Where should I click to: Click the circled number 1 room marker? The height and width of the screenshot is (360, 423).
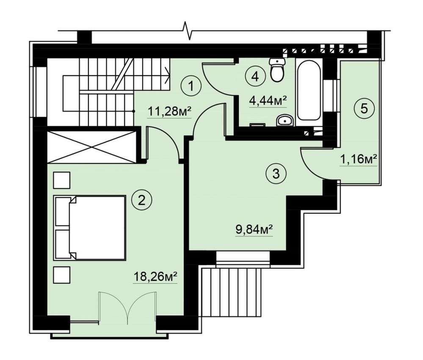[x=191, y=86]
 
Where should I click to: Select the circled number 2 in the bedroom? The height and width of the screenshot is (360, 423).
[x=141, y=200]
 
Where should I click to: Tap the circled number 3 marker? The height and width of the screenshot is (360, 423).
[x=276, y=174]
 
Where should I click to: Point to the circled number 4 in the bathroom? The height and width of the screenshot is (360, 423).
[x=255, y=77]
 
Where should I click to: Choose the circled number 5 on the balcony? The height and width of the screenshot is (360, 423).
[x=364, y=109]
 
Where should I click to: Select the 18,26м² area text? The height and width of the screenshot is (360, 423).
[x=155, y=276]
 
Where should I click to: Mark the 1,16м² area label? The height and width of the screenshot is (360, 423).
[x=358, y=159]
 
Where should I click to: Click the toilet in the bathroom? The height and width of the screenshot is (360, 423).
[x=277, y=69]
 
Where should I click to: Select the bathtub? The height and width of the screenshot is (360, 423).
[x=309, y=90]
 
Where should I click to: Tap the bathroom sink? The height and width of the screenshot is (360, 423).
[x=285, y=120]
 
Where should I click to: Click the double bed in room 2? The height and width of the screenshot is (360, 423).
[x=90, y=228]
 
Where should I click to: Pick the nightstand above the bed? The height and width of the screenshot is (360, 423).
[x=62, y=180]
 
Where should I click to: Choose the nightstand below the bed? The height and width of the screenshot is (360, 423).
[x=62, y=275]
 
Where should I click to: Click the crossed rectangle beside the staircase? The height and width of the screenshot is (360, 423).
[x=92, y=147]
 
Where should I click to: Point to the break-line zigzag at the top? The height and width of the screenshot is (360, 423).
[x=188, y=30]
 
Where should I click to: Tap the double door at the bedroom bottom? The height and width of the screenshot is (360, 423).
[x=127, y=307]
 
